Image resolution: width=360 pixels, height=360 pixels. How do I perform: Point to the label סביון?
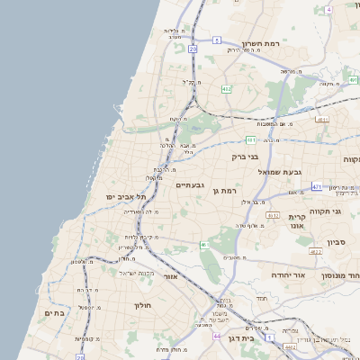point(337,241)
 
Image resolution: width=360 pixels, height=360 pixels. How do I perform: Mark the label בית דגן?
point(261,338)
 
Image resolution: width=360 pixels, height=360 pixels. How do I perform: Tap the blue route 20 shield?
point(193,49)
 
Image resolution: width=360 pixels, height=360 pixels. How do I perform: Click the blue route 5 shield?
point(217,40)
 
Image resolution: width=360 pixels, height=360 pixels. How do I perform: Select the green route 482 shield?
point(226,89)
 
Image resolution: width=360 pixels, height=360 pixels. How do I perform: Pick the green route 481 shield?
point(251,140)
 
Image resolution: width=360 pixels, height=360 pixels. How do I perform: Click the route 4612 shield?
point(273,216)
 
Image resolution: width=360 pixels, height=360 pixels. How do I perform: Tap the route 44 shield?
point(217,336)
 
